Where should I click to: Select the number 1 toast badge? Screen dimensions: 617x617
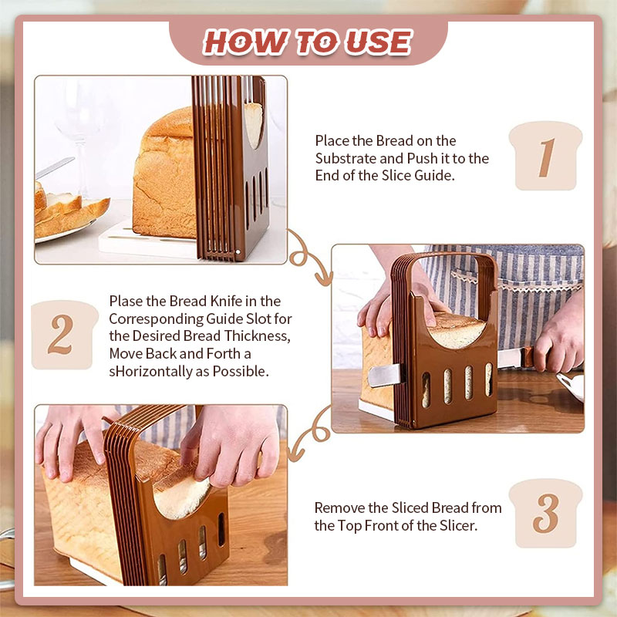[x=545, y=156]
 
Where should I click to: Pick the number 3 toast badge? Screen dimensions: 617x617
[x=545, y=513]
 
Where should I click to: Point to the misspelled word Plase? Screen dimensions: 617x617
[x=126, y=301]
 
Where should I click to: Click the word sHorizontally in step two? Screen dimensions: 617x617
[x=159, y=372]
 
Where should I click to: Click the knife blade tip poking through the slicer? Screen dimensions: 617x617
[x=383, y=375]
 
